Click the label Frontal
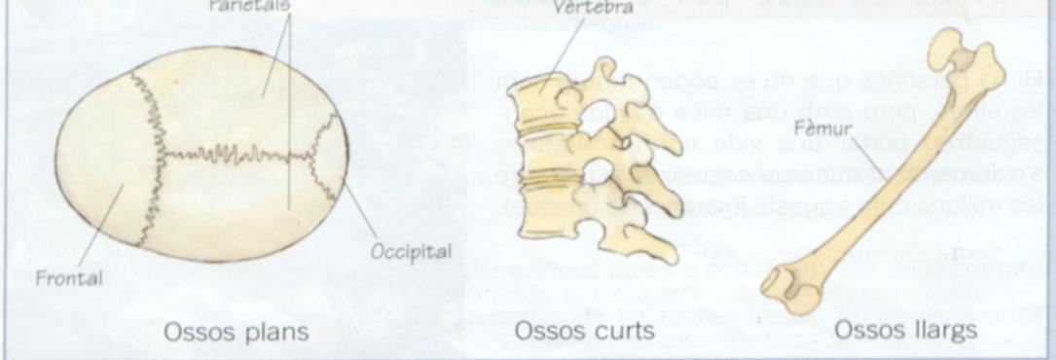click(69, 277)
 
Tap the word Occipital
click(411, 251)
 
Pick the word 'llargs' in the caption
click(943, 332)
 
